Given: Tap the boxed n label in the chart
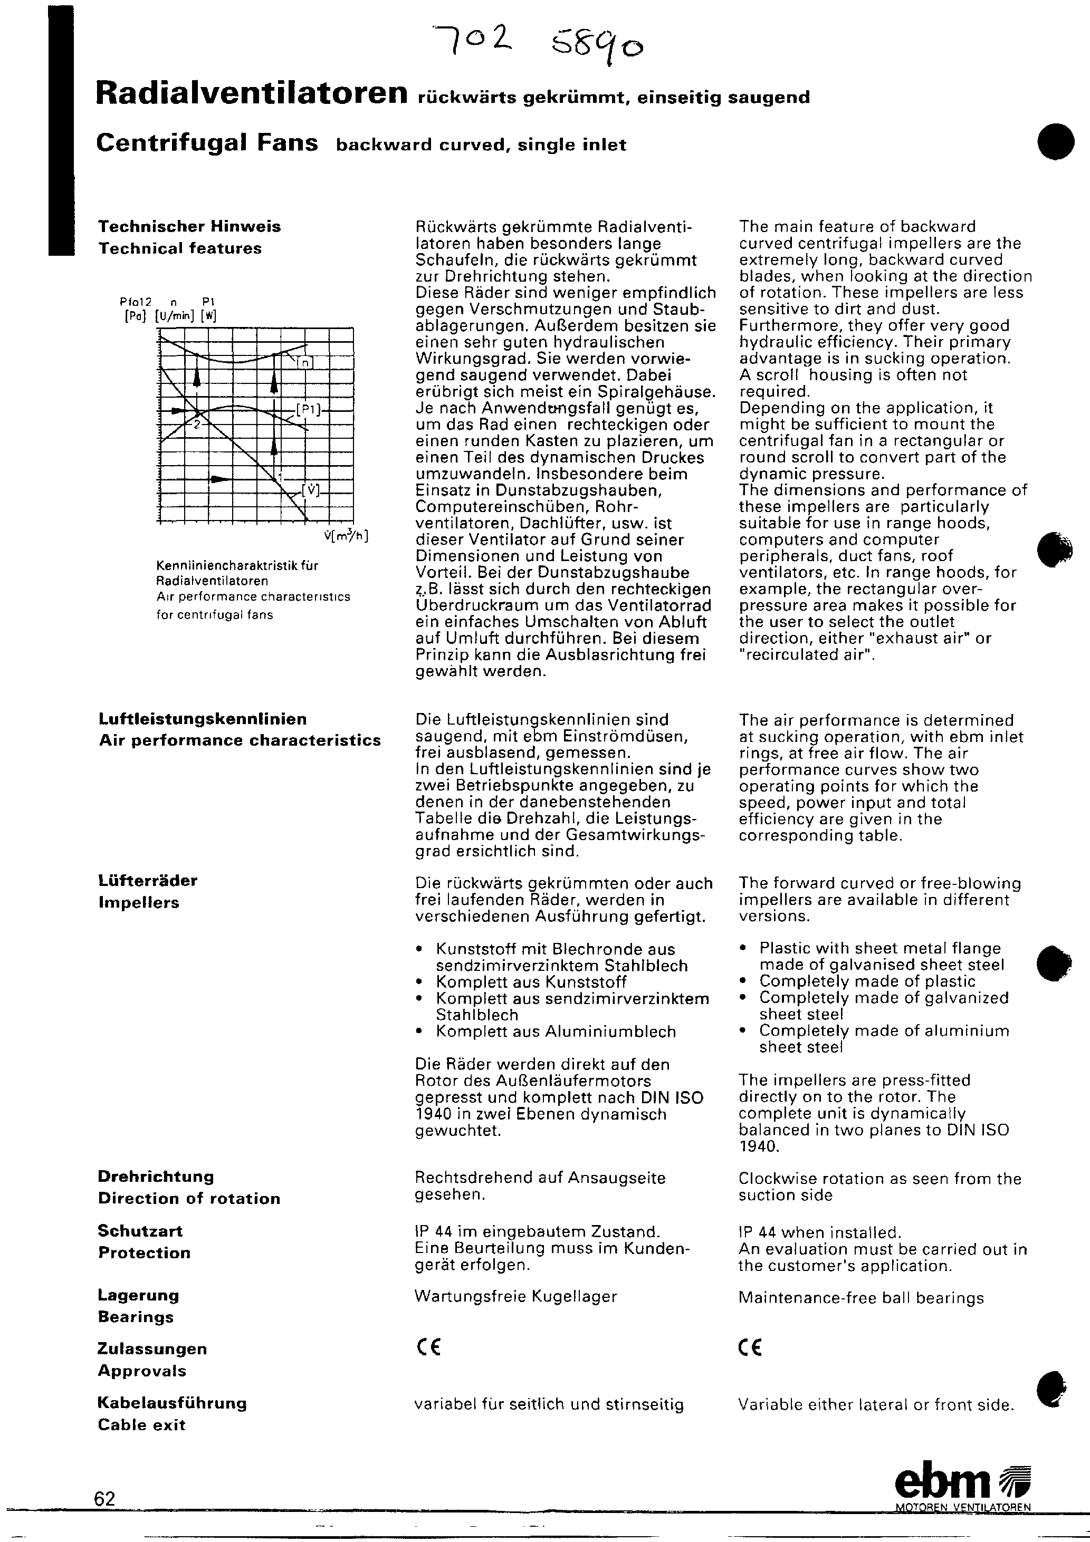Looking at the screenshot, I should (x=305, y=363).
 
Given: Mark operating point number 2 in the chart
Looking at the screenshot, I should (x=197, y=425).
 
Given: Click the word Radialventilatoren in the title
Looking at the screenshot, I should (x=251, y=94).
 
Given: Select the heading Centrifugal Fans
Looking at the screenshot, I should (x=207, y=143).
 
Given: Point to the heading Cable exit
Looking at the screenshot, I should (x=141, y=1424).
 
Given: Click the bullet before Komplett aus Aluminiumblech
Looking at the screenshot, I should (x=419, y=1032).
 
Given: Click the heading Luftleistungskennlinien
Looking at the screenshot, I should (x=202, y=719).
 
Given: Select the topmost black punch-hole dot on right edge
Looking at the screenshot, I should (x=1055, y=140).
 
